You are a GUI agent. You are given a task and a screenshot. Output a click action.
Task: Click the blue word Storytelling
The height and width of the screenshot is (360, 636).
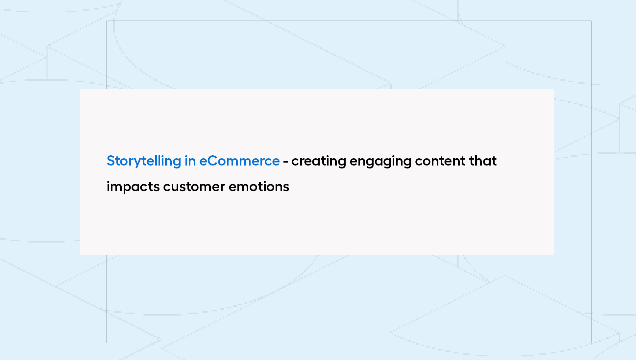144,161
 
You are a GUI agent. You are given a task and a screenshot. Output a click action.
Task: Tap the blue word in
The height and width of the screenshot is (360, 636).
190,161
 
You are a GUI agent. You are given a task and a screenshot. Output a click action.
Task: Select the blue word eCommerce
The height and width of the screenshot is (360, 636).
239,161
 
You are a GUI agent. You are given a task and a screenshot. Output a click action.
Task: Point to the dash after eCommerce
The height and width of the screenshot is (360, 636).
285,162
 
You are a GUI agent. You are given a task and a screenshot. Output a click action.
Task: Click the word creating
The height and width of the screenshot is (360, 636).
319,161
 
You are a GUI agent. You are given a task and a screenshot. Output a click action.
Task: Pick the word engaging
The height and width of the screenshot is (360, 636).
380,161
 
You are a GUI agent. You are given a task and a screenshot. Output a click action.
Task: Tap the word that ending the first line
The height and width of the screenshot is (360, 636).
483,161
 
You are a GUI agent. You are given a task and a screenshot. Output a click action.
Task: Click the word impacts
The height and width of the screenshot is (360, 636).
133,187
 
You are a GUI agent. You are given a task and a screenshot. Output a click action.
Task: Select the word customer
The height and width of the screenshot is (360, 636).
194,187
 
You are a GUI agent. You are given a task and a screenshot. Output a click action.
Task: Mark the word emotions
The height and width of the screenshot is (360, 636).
259,187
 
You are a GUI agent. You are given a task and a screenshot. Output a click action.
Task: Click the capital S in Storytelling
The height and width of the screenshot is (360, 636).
111,161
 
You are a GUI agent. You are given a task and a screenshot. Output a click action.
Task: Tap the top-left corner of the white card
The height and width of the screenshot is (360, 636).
80,89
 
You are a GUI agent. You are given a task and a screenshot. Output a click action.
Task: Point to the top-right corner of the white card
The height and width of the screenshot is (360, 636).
554,89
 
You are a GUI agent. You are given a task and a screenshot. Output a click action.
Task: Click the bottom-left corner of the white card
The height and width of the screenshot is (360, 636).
80,255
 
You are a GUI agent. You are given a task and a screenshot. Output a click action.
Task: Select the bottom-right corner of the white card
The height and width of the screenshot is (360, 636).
554,255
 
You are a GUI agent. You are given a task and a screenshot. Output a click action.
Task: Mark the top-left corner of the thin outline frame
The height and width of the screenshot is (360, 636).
107,21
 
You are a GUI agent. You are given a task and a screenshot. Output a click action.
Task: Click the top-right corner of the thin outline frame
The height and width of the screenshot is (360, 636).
591,21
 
